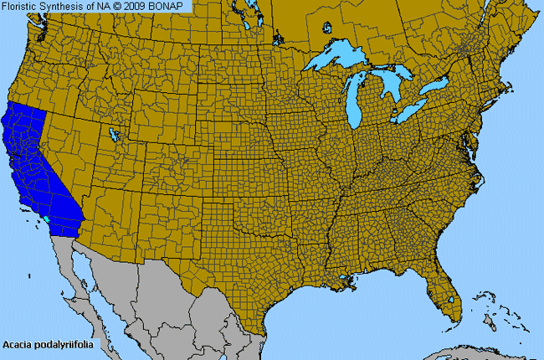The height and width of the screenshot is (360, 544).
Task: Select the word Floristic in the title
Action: click(23, 6)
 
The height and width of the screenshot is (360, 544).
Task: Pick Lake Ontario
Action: click(434, 87)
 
